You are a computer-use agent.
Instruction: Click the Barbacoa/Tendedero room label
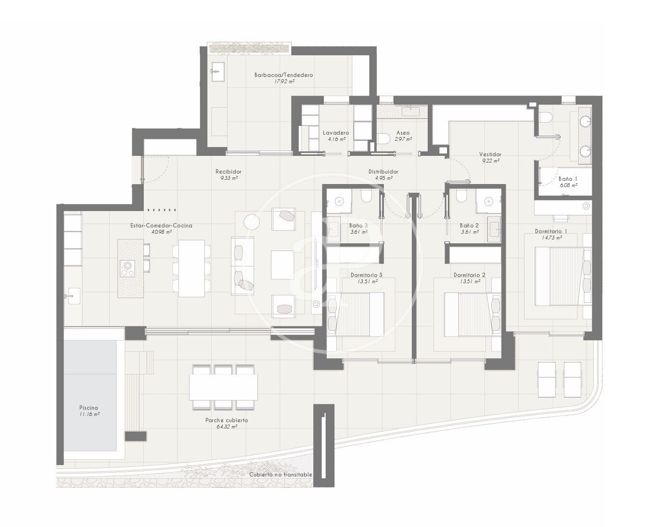[283, 75]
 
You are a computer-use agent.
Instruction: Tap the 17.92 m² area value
[284, 82]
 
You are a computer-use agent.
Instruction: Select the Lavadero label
[336, 133]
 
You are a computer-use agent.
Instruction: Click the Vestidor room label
[490, 154]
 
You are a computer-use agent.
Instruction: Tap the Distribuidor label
[383, 172]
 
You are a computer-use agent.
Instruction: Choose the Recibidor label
[229, 172]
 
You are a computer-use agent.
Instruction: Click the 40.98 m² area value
[161, 232]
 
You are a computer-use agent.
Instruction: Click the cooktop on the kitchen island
[128, 268]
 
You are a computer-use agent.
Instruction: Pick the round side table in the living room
[252, 222]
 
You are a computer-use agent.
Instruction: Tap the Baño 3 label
[358, 226]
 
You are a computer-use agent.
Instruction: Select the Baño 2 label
[469, 226]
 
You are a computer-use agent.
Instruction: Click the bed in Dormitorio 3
[356, 314]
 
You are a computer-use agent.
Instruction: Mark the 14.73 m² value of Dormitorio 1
[551, 238]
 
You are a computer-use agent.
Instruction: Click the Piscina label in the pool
[89, 408]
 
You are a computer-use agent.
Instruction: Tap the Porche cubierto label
[227, 420]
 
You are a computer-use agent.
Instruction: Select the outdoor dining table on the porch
[223, 387]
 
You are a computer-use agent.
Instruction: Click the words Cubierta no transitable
[281, 475]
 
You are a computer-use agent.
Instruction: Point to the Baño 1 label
[568, 178]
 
